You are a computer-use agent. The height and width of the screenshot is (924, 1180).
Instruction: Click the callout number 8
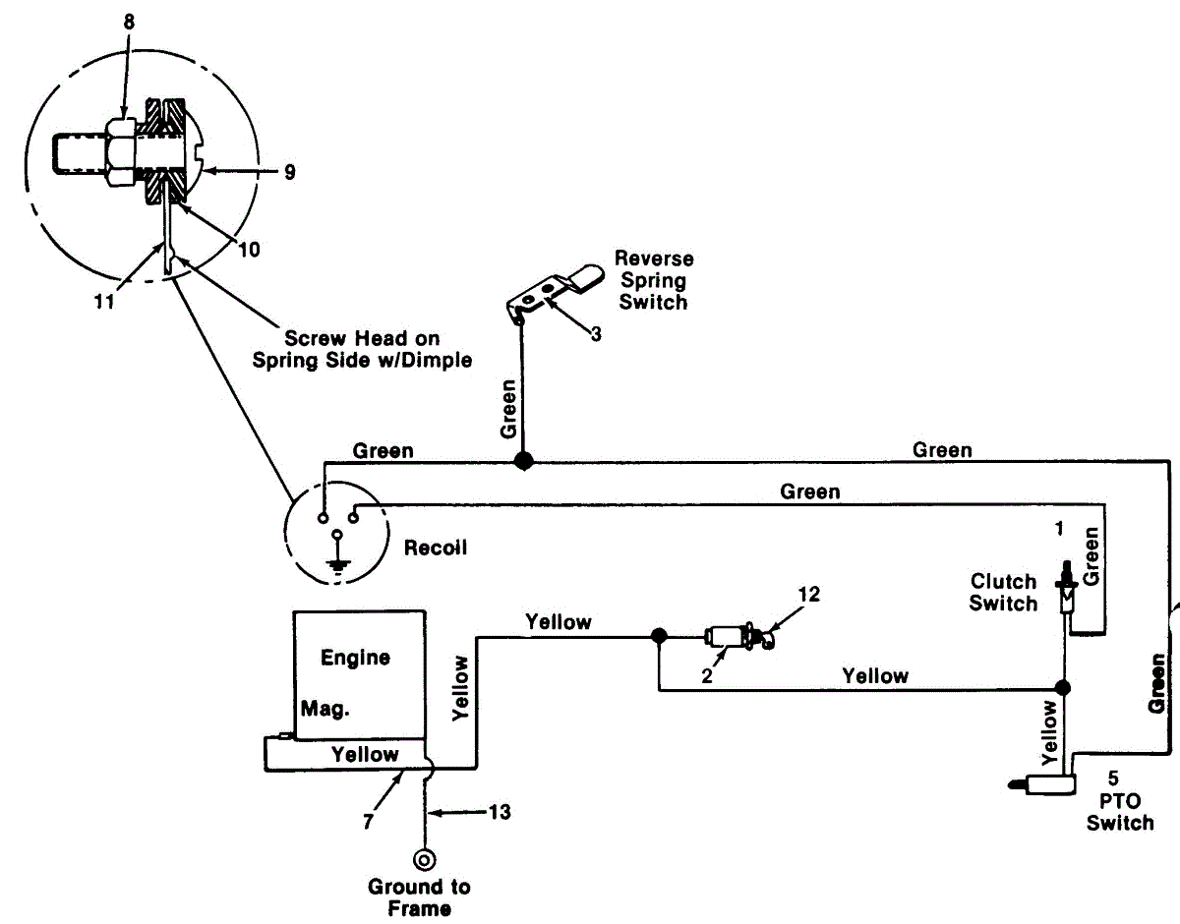coord(129,23)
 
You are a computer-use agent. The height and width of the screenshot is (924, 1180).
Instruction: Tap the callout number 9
coord(290,172)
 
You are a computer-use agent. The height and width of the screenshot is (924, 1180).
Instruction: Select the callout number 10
coord(249,250)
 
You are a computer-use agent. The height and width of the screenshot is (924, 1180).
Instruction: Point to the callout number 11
coord(104,302)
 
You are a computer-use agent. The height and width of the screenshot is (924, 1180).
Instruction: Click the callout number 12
coord(808,595)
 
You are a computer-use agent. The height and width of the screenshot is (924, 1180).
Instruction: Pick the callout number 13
coord(500,812)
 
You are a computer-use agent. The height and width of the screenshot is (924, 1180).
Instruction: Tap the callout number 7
coord(368,822)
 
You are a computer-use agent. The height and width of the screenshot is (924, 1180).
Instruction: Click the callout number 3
coord(596,334)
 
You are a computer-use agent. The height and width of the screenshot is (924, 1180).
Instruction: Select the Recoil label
coord(436,548)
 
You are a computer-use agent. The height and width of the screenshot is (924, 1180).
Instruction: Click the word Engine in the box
coord(355,659)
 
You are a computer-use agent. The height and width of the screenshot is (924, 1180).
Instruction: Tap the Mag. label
coord(325,709)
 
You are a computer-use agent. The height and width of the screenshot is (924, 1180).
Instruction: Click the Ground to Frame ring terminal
coord(424,860)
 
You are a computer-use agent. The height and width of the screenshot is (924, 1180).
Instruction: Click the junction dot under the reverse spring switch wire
coord(524,461)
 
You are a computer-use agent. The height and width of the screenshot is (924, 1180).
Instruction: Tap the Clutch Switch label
coord(1004,593)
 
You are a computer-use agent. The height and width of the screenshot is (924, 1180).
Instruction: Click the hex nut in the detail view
coord(121,152)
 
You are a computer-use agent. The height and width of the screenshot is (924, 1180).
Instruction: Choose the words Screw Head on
coord(362,338)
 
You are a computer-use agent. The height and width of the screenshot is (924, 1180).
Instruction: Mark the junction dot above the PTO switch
coord(1063,688)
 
